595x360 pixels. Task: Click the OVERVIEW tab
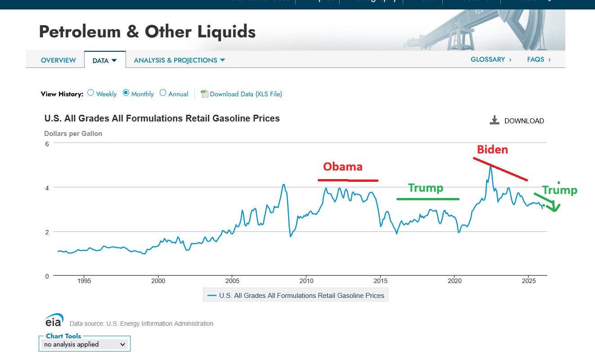tap(58, 60)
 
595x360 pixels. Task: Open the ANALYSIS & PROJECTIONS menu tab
tap(180, 60)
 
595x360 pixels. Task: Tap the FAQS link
tap(539, 59)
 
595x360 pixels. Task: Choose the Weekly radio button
tap(91, 93)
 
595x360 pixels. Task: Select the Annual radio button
tap(163, 93)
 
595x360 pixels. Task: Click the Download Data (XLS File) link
tap(246, 94)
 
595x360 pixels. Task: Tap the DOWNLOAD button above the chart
tap(517, 121)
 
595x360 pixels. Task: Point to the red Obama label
tap(343, 166)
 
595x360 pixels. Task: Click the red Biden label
tap(492, 149)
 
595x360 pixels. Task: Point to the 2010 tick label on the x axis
tap(306, 281)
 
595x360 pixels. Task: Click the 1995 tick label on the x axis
tap(84, 281)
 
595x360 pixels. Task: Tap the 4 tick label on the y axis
tap(46, 187)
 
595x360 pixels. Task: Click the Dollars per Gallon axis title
tap(73, 134)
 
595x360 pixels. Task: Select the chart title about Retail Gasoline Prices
tap(162, 118)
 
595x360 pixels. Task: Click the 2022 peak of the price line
tap(491, 166)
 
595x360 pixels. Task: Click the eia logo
tap(54, 320)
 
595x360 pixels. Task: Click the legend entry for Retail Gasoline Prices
tap(296, 296)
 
